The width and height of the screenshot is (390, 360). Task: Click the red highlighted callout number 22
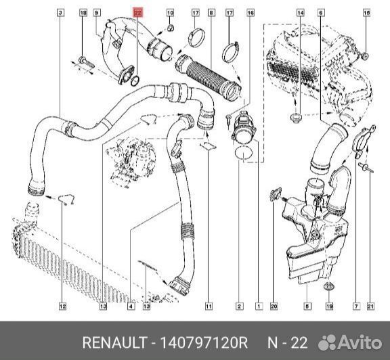point(138,13)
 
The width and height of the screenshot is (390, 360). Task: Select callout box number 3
point(61,13)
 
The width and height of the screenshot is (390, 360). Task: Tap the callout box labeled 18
point(83,13)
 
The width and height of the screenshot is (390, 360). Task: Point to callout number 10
point(170,13)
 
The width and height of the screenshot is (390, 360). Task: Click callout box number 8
point(211,13)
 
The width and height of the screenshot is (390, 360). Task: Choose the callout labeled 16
point(251,13)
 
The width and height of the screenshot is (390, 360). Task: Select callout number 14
point(301,13)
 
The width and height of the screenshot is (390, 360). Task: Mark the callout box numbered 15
point(366,13)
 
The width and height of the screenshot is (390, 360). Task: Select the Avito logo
point(350,342)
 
